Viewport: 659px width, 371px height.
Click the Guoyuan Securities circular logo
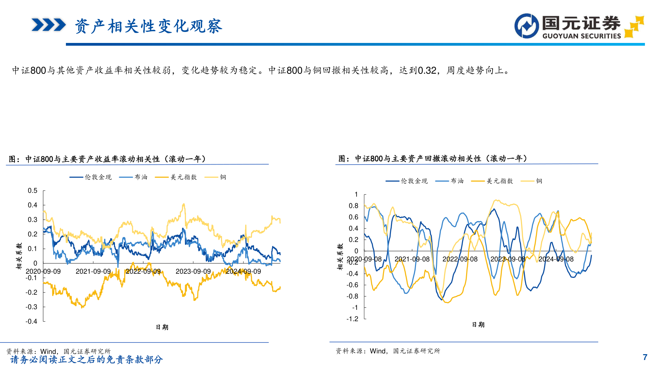coord(527,26)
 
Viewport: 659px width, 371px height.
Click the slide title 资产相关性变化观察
coord(148,26)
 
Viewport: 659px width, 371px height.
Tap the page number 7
coord(645,357)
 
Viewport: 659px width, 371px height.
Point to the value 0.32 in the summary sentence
coord(427,70)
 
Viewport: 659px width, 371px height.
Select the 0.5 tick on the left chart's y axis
coord(33,191)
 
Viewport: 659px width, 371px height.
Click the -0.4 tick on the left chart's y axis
coord(31,322)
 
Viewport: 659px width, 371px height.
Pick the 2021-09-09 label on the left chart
coord(93,271)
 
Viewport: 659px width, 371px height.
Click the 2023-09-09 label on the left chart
coord(193,271)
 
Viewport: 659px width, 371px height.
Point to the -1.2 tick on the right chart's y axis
coord(352,319)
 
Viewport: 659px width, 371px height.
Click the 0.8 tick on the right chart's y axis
coord(354,206)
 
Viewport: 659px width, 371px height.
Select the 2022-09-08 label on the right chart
coord(460,259)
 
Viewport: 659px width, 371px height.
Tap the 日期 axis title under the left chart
coord(162,327)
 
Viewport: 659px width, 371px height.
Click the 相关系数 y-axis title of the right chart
coord(340,257)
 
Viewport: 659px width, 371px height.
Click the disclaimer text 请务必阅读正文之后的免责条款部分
coord(86,360)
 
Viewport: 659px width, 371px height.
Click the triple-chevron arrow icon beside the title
coord(48,25)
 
